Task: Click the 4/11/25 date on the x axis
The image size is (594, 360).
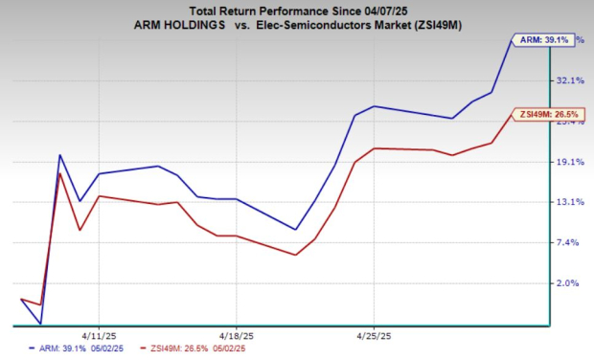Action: point(99,336)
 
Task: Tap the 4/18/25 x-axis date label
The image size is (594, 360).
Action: point(236,336)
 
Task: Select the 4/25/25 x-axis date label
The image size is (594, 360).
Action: point(373,336)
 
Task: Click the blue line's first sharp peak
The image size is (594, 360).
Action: point(60,155)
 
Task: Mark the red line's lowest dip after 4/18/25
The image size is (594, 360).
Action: point(295,255)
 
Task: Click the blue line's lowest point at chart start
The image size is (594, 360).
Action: point(40,324)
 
